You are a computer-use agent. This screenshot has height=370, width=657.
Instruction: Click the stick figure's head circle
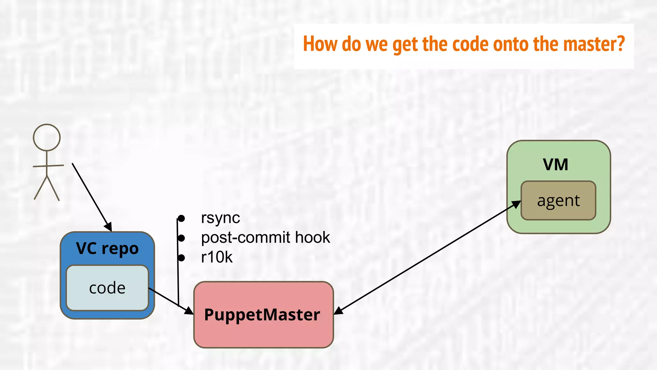(x=47, y=137)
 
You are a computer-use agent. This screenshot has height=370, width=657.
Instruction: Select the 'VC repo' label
(x=107, y=249)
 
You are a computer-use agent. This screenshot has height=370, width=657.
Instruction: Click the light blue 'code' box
(x=107, y=288)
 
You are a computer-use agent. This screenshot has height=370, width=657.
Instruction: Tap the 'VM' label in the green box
(x=555, y=164)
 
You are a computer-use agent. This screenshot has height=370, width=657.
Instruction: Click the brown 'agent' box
(x=558, y=201)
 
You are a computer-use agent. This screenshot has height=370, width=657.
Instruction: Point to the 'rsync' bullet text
(x=220, y=218)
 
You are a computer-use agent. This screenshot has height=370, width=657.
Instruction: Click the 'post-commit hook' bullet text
(x=265, y=238)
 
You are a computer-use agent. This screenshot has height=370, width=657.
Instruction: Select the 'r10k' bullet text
(x=217, y=257)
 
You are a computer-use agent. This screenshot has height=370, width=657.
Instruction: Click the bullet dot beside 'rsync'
(x=181, y=218)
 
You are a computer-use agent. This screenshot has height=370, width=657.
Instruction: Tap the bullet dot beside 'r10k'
(x=181, y=258)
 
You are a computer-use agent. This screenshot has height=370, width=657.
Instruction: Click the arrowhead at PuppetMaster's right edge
(x=338, y=311)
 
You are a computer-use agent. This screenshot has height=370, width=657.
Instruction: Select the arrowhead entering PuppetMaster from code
(x=189, y=311)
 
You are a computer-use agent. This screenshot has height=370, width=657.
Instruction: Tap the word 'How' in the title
(x=320, y=44)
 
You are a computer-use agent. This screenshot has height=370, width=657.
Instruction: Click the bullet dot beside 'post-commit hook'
(x=181, y=238)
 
